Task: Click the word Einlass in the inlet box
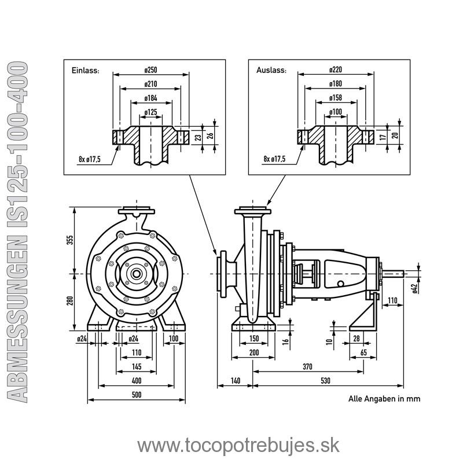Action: pos(85,71)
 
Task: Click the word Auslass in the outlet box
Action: pos(271,71)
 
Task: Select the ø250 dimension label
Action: pos(151,70)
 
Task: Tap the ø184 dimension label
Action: pos(151,98)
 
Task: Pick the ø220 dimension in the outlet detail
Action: pos(336,69)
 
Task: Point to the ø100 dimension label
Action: pos(336,112)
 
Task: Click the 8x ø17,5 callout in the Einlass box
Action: pos(90,159)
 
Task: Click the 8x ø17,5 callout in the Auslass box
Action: pos(274,159)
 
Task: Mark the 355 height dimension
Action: pos(69,240)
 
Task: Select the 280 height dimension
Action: pos(69,301)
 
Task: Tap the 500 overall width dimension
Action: pos(137,395)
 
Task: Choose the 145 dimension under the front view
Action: pos(137,367)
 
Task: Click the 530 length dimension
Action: pos(325,381)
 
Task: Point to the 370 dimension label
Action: pos(307,367)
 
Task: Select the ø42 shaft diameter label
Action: pos(414,288)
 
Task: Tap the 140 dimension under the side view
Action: pos(236,381)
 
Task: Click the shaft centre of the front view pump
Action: pos(137,274)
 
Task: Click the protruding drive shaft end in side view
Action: pos(393,274)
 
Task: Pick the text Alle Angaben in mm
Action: pos(384,399)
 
